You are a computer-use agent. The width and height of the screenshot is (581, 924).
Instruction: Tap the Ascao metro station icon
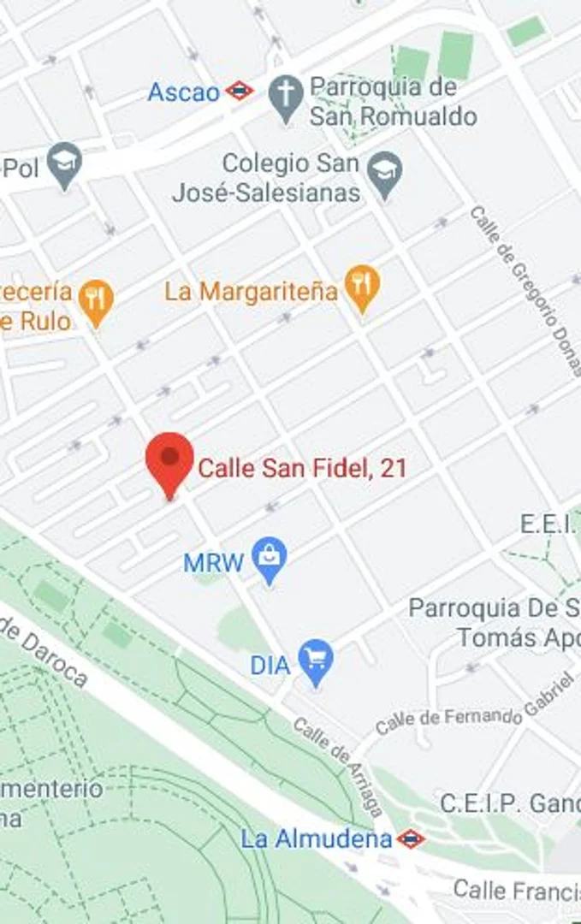(x=239, y=92)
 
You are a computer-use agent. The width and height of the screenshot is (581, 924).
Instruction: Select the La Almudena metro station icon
(x=411, y=838)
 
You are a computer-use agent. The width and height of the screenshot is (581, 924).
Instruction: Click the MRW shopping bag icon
(x=270, y=560)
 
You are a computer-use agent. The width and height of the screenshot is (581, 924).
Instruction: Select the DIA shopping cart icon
(x=317, y=661)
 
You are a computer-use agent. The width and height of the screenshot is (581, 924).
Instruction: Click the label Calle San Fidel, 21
(x=302, y=468)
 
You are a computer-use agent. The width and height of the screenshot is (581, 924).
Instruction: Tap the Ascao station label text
(x=183, y=92)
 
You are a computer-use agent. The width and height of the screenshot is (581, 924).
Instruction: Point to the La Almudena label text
(x=316, y=838)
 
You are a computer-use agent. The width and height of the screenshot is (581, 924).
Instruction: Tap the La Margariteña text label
(x=252, y=292)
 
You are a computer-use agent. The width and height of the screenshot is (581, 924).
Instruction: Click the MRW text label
(x=214, y=563)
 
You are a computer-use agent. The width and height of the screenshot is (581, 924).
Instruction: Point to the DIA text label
(x=270, y=665)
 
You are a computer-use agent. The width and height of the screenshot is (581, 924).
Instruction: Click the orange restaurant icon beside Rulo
(x=95, y=301)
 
